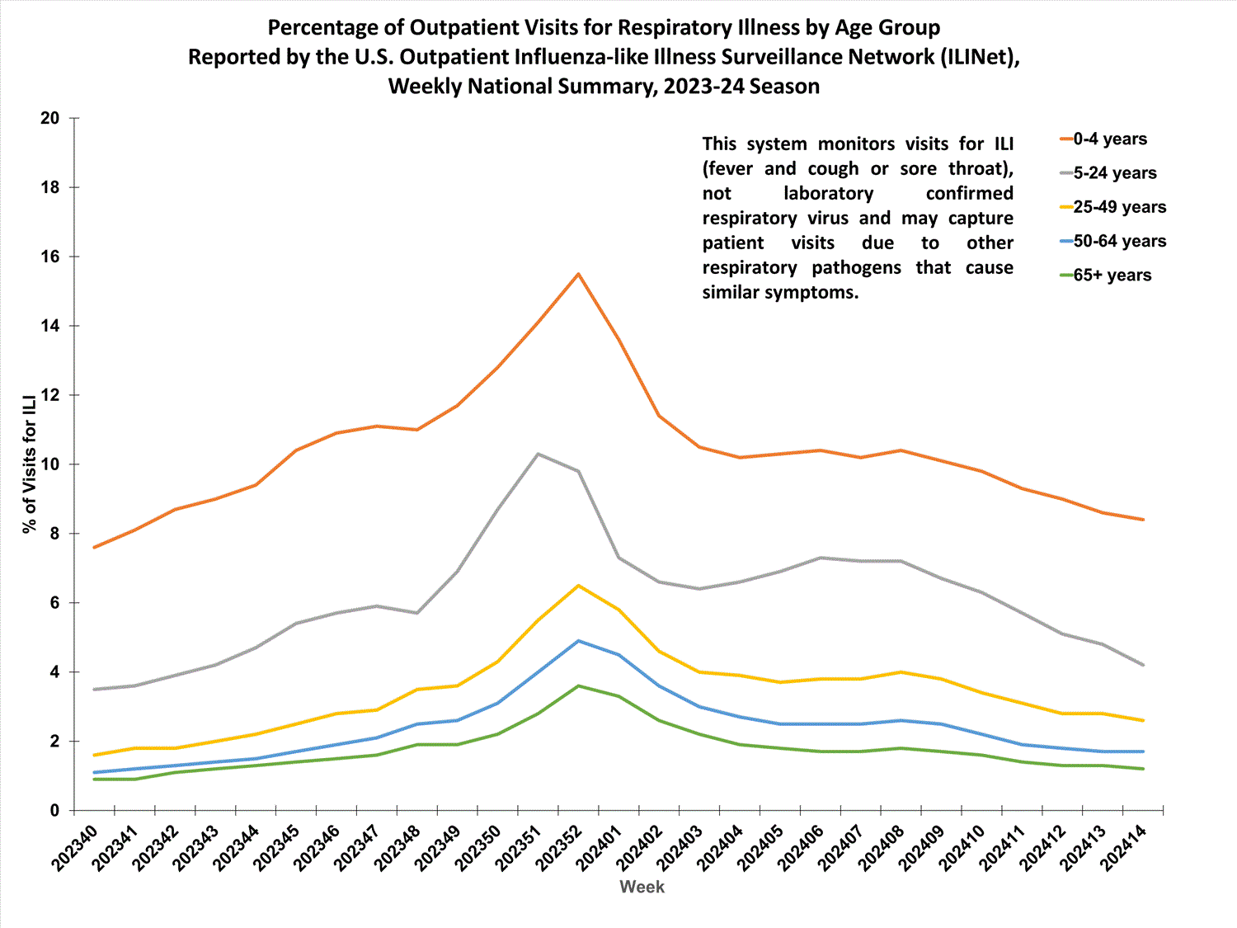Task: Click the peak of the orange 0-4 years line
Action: click(578, 274)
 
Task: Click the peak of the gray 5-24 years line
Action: click(538, 454)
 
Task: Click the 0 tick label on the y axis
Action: click(55, 811)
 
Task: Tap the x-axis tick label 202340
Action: click(74, 847)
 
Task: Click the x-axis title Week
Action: click(642, 887)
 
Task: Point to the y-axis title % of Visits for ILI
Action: click(31, 464)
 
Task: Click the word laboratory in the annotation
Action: click(828, 194)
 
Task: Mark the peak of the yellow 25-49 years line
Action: click(578, 586)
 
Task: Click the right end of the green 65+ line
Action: click(1143, 769)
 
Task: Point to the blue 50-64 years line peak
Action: click(578, 641)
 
